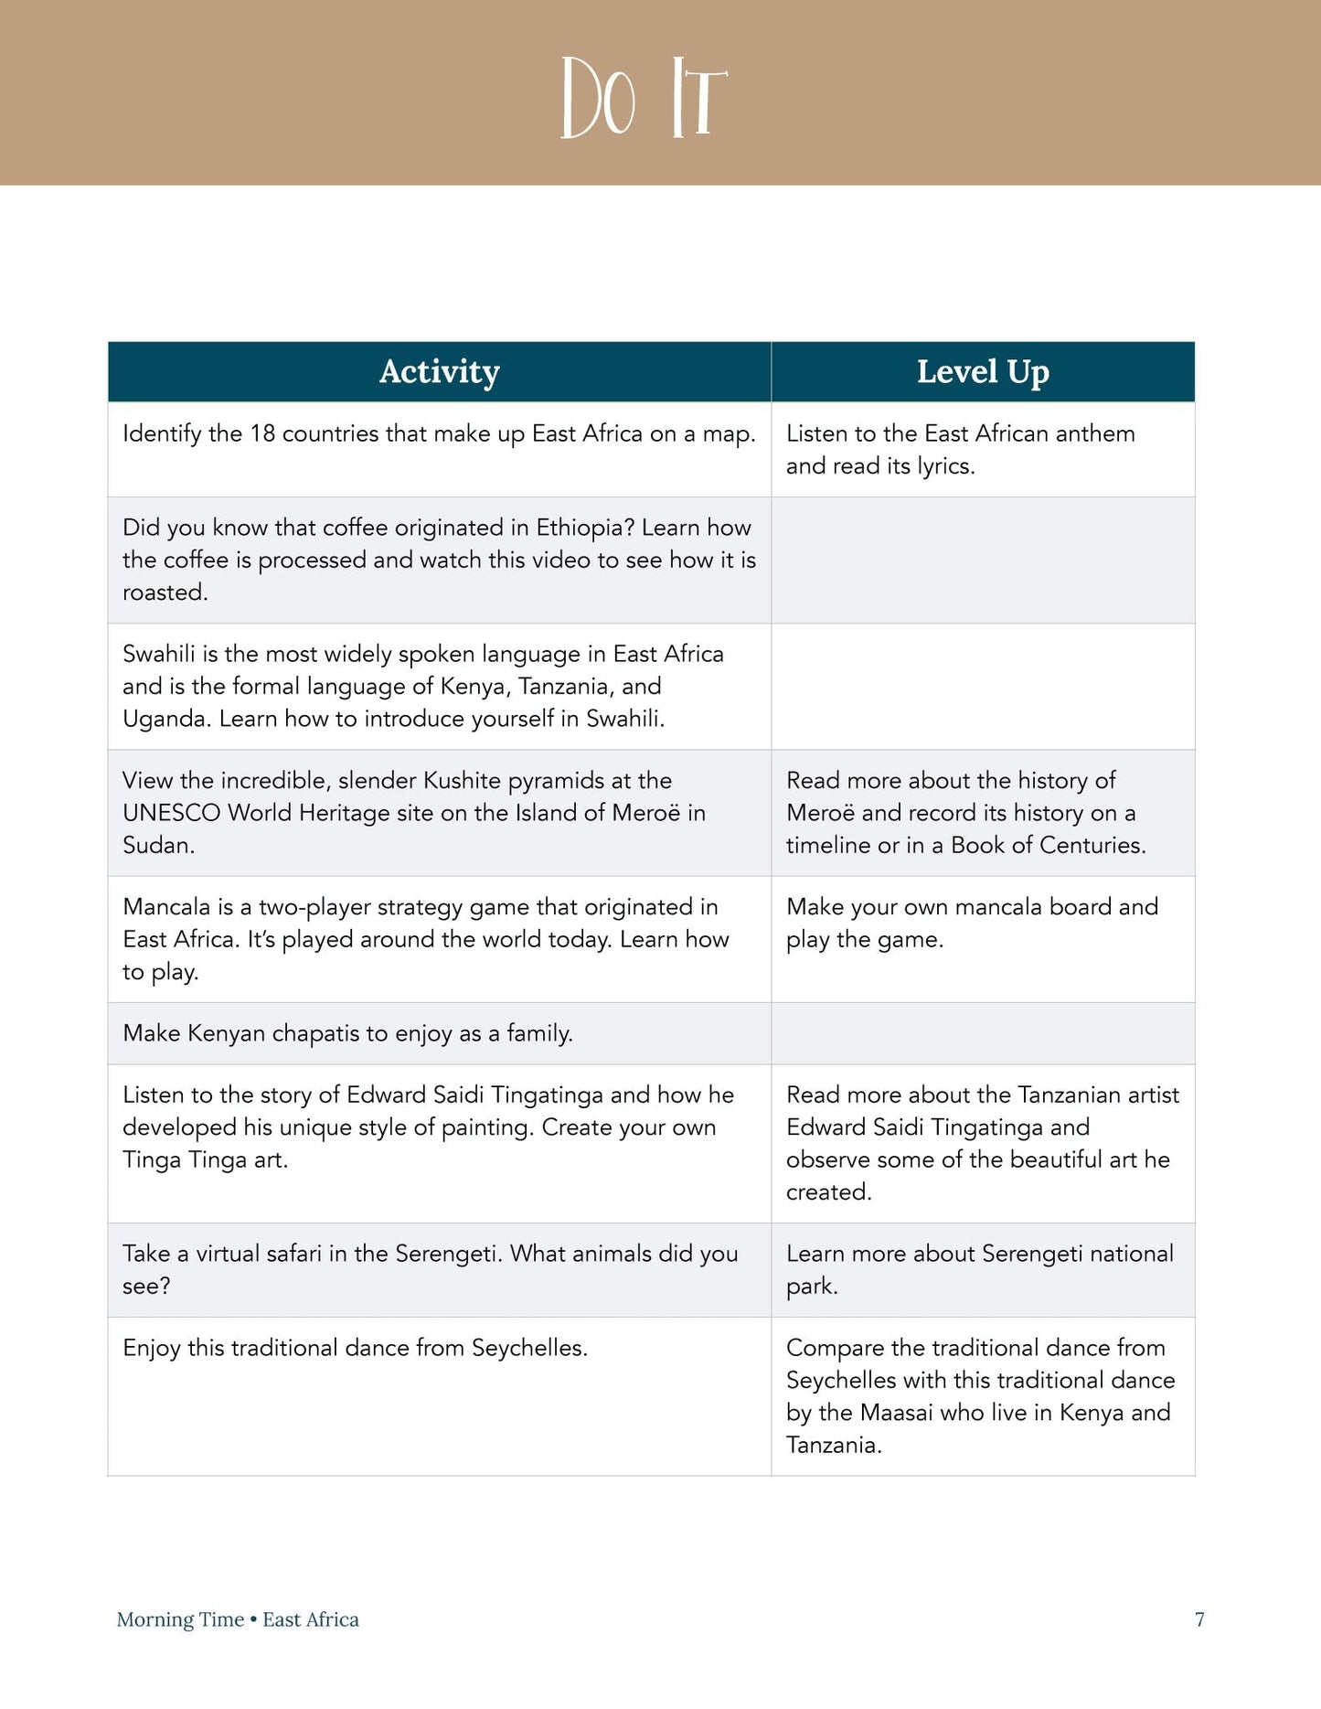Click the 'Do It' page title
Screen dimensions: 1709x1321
pos(644,98)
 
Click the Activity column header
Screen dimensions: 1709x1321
pos(439,371)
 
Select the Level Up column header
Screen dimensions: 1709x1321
pos(983,371)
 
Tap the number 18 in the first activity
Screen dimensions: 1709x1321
pos(262,433)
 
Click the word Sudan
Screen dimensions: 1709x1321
pos(157,845)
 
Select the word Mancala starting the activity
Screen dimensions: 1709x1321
pos(165,907)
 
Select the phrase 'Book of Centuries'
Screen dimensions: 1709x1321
pos(1047,845)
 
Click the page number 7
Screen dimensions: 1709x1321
pos(1199,1619)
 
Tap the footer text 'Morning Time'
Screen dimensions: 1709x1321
pos(180,1619)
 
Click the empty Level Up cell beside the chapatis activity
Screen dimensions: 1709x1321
pos(983,1033)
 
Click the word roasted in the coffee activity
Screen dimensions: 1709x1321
pos(164,593)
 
